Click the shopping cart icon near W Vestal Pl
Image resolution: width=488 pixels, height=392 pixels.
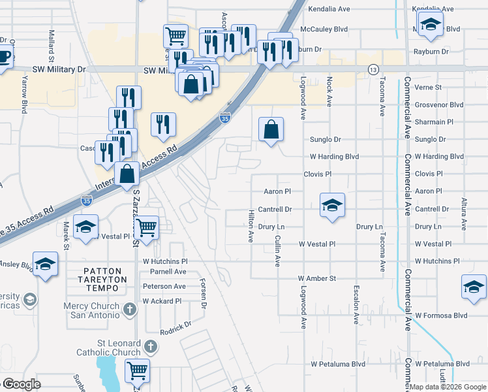point(147,227)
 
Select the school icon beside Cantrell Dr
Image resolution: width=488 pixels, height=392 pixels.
point(332,205)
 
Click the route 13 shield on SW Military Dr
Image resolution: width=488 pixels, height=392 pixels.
point(373,69)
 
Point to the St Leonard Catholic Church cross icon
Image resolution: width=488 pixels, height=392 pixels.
point(151,347)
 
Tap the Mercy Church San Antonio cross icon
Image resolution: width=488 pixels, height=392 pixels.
point(130,306)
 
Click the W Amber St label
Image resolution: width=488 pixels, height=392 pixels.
point(317,278)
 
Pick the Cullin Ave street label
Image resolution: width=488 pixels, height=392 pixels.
point(277,252)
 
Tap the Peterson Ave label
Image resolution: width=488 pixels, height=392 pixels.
point(164,286)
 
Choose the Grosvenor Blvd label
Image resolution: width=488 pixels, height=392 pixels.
point(438,105)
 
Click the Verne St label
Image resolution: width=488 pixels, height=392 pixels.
point(428,87)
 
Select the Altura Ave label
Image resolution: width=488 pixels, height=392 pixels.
point(464,214)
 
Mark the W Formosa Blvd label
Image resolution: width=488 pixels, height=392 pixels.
point(442,315)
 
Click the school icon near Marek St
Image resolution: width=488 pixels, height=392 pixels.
point(85,226)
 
